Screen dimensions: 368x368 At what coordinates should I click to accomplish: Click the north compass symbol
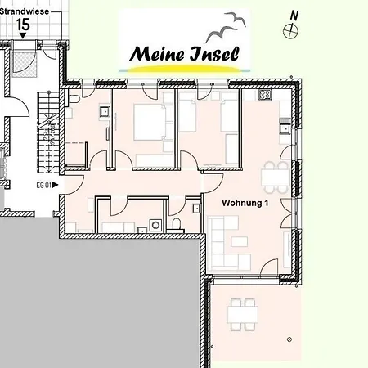point(289,29)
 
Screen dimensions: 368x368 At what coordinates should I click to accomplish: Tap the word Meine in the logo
point(156,54)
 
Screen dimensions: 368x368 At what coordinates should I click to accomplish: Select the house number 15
point(23,24)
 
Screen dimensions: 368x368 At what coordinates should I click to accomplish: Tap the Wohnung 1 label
point(245,202)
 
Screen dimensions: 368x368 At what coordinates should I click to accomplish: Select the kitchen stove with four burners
point(264,95)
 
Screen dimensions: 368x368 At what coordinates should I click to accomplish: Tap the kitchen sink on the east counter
point(283,128)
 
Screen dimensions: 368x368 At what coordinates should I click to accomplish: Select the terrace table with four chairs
point(241,312)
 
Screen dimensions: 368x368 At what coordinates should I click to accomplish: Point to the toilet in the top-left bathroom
point(74,100)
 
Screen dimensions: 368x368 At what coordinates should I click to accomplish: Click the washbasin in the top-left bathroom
point(104,112)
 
